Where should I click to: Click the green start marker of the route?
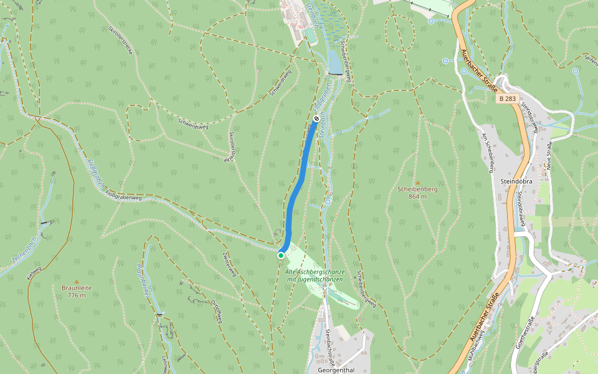point(281,255)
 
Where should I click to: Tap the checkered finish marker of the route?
point(316,118)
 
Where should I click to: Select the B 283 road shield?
point(508,98)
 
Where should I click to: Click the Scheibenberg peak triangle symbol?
point(418,182)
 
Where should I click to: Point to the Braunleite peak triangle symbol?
point(77,282)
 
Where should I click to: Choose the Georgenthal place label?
point(336,369)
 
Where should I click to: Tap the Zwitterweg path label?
point(229,264)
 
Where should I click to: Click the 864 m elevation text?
point(417,196)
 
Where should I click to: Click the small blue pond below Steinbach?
point(335,62)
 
